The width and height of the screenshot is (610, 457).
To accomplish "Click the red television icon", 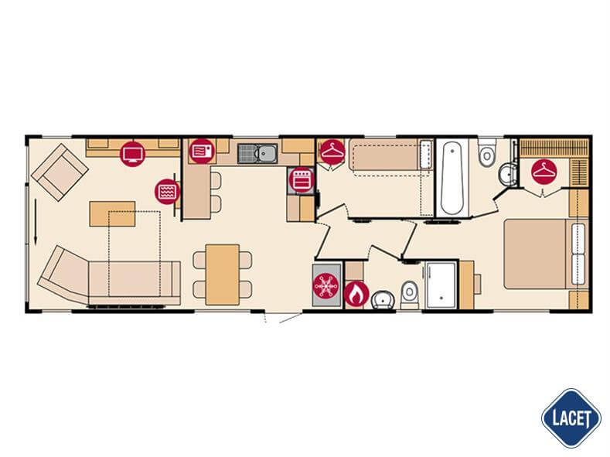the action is click(133, 154).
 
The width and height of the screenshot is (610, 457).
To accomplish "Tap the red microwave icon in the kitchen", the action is click(202, 151).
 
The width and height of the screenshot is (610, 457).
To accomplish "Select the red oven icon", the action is click(302, 179).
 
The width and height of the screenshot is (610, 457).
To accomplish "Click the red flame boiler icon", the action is click(356, 295).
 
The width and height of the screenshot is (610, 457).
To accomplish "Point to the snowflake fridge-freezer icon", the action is click(325, 286).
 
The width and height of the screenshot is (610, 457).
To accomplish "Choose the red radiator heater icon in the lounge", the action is click(167, 191).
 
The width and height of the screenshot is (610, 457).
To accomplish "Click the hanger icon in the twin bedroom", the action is click(332, 152).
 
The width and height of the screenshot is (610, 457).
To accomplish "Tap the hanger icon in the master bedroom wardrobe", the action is click(544, 171).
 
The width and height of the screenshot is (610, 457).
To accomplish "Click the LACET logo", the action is click(571, 418).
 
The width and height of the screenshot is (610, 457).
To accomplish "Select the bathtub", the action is click(452, 178).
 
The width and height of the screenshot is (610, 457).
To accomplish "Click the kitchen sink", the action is click(257, 153).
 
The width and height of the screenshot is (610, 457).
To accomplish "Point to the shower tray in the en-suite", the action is click(441, 285).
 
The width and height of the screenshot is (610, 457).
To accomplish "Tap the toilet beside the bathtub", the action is click(486, 153).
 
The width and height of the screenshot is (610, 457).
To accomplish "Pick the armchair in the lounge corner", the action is click(60, 172).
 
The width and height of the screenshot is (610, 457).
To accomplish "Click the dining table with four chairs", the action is click(222, 275).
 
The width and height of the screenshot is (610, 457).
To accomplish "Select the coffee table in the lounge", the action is click(112, 213).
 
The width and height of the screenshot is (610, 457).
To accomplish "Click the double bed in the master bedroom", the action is click(546, 254).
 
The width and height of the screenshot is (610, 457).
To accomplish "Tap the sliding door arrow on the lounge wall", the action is click(36, 222).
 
